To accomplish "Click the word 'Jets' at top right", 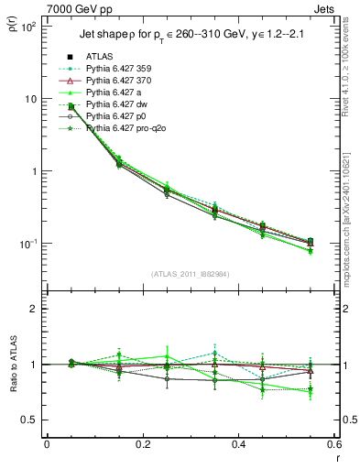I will [x=325, y=8].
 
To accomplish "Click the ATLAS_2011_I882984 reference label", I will [x=188, y=273].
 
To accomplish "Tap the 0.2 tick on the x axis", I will [x=142, y=445].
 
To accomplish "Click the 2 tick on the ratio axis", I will [x=35, y=309].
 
